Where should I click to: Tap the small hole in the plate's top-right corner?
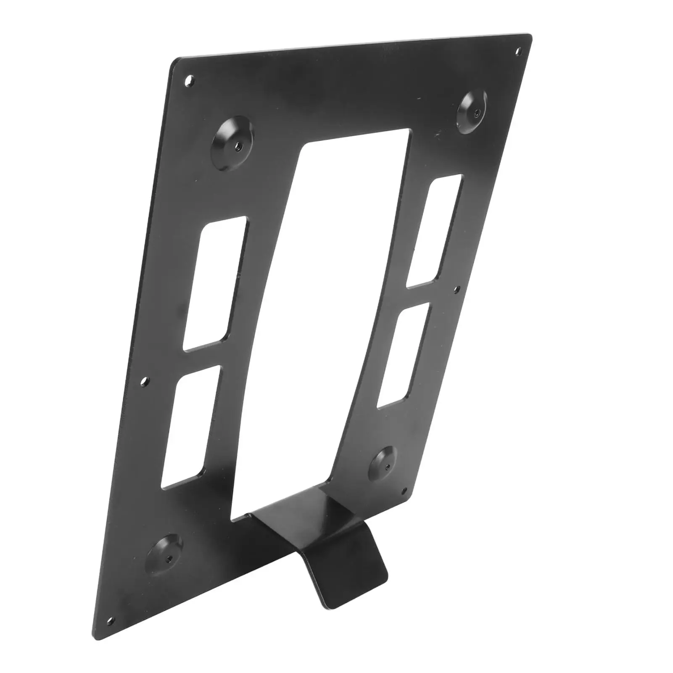[518, 52]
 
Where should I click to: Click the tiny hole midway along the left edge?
[145, 381]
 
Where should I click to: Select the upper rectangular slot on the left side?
[215, 284]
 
